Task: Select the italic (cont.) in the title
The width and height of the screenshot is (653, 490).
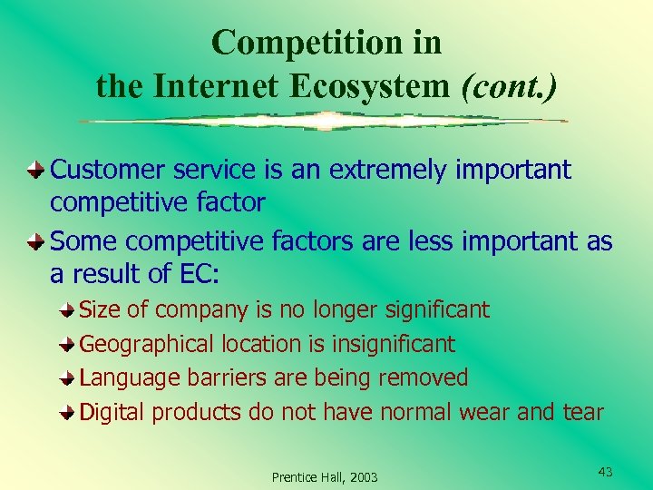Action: coord(509,86)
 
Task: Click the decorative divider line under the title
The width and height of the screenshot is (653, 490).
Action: coord(323,121)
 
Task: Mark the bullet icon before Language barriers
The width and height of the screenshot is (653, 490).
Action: coord(69,377)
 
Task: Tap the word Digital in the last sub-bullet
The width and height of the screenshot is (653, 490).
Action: coord(112,412)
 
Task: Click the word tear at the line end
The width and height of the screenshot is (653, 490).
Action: coord(581,412)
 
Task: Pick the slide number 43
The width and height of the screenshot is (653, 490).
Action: coord(606,471)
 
